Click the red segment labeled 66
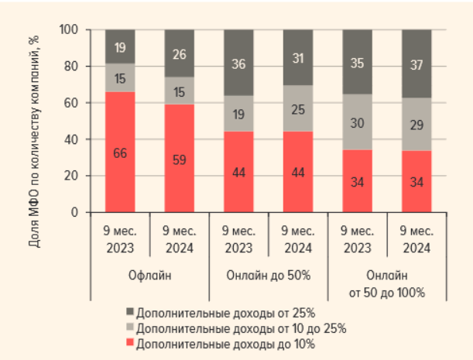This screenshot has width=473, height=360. (120, 152)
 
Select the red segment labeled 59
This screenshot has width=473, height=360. (180, 158)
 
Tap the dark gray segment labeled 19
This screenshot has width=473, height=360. (120, 46)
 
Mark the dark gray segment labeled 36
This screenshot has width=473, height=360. (239, 63)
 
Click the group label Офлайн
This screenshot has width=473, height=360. (149, 276)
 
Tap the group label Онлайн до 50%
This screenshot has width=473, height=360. (269, 276)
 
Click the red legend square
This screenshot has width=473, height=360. (129, 342)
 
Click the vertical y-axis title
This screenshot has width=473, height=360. (35, 139)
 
